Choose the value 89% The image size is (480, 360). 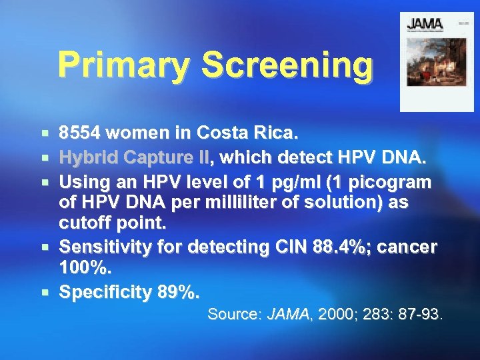177,291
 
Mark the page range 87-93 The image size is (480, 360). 419,313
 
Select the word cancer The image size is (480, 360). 407,247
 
